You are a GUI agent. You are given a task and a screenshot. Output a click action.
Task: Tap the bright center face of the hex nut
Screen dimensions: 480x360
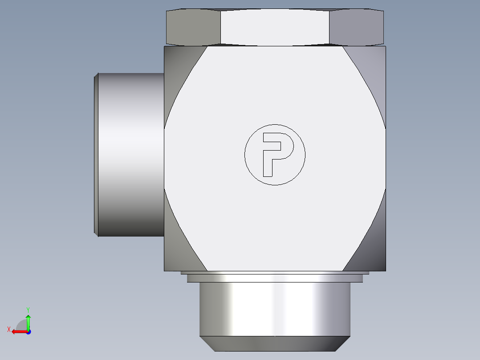click(x=275, y=27)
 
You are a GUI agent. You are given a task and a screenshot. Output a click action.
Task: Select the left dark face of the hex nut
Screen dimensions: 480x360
click(x=193, y=27)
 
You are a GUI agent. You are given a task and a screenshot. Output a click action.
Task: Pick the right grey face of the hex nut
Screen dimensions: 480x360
click(x=356, y=27)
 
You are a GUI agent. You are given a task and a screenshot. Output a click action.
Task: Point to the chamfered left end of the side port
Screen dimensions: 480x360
click(x=96, y=155)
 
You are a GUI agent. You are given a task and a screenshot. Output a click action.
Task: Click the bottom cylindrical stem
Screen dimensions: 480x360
click(x=275, y=309)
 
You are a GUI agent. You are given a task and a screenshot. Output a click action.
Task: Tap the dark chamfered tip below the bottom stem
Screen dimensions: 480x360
click(x=275, y=344)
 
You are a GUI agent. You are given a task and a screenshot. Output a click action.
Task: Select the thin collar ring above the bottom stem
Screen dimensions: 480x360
click(x=275, y=278)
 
